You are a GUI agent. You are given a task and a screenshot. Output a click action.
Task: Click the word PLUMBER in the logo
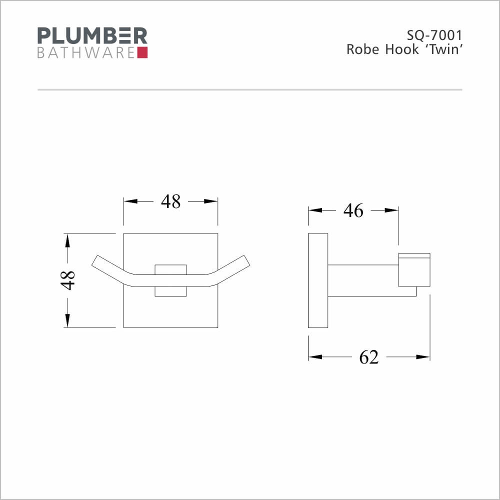point(92,35)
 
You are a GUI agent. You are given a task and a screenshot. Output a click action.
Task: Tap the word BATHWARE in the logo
point(86,53)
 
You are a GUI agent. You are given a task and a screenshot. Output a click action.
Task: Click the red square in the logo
point(142,52)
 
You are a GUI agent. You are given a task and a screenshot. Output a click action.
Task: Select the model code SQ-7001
point(434,35)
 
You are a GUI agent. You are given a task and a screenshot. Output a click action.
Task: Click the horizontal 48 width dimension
point(170,201)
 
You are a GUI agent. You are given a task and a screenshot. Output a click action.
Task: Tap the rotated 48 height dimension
point(68,280)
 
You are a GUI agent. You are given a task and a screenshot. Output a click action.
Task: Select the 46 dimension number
point(353,210)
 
